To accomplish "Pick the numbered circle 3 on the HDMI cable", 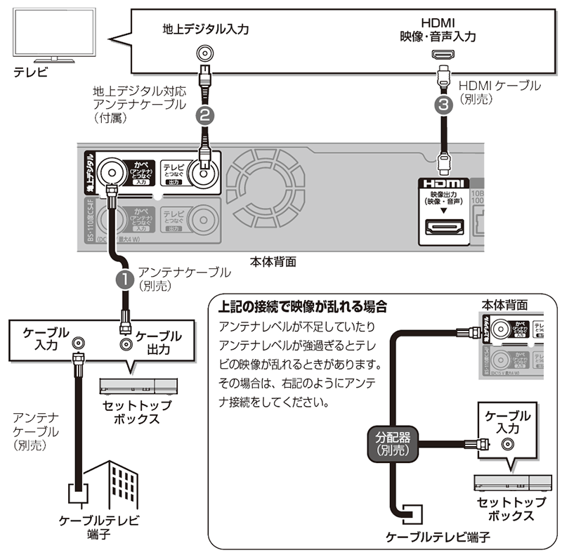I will tap(443, 105).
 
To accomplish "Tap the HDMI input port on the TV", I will tap(443, 54).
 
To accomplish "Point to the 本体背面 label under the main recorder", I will tap(273, 261).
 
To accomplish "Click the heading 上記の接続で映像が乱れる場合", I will tap(303, 306).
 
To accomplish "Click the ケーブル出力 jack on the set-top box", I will tap(126, 344).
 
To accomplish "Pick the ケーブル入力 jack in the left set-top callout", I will tap(79, 343).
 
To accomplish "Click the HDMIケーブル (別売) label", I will tap(499, 92).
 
